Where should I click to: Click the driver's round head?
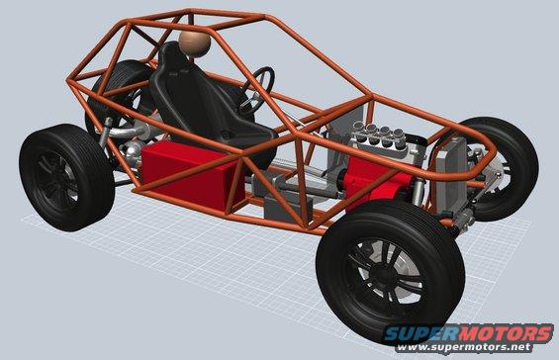point(194,44)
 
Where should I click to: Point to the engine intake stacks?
point(379,134)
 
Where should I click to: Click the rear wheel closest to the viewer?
point(66,177)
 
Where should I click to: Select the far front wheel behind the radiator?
point(499,167)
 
